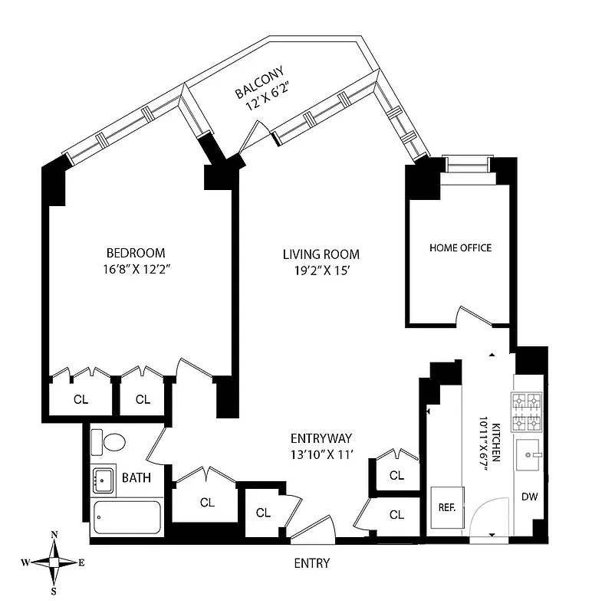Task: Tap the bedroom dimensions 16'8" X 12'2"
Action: click(136, 269)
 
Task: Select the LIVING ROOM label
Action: click(321, 254)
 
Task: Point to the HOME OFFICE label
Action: click(460, 247)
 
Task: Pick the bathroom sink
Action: click(103, 481)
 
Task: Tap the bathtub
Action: click(127, 519)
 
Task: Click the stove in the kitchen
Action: click(527, 411)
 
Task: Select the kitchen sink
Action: click(528, 457)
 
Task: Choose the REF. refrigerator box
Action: click(446, 506)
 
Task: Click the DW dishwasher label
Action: click(529, 497)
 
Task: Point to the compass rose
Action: click(54, 562)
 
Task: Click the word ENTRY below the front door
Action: click(312, 563)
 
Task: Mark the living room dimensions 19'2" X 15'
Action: click(321, 270)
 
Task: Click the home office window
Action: click(468, 162)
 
